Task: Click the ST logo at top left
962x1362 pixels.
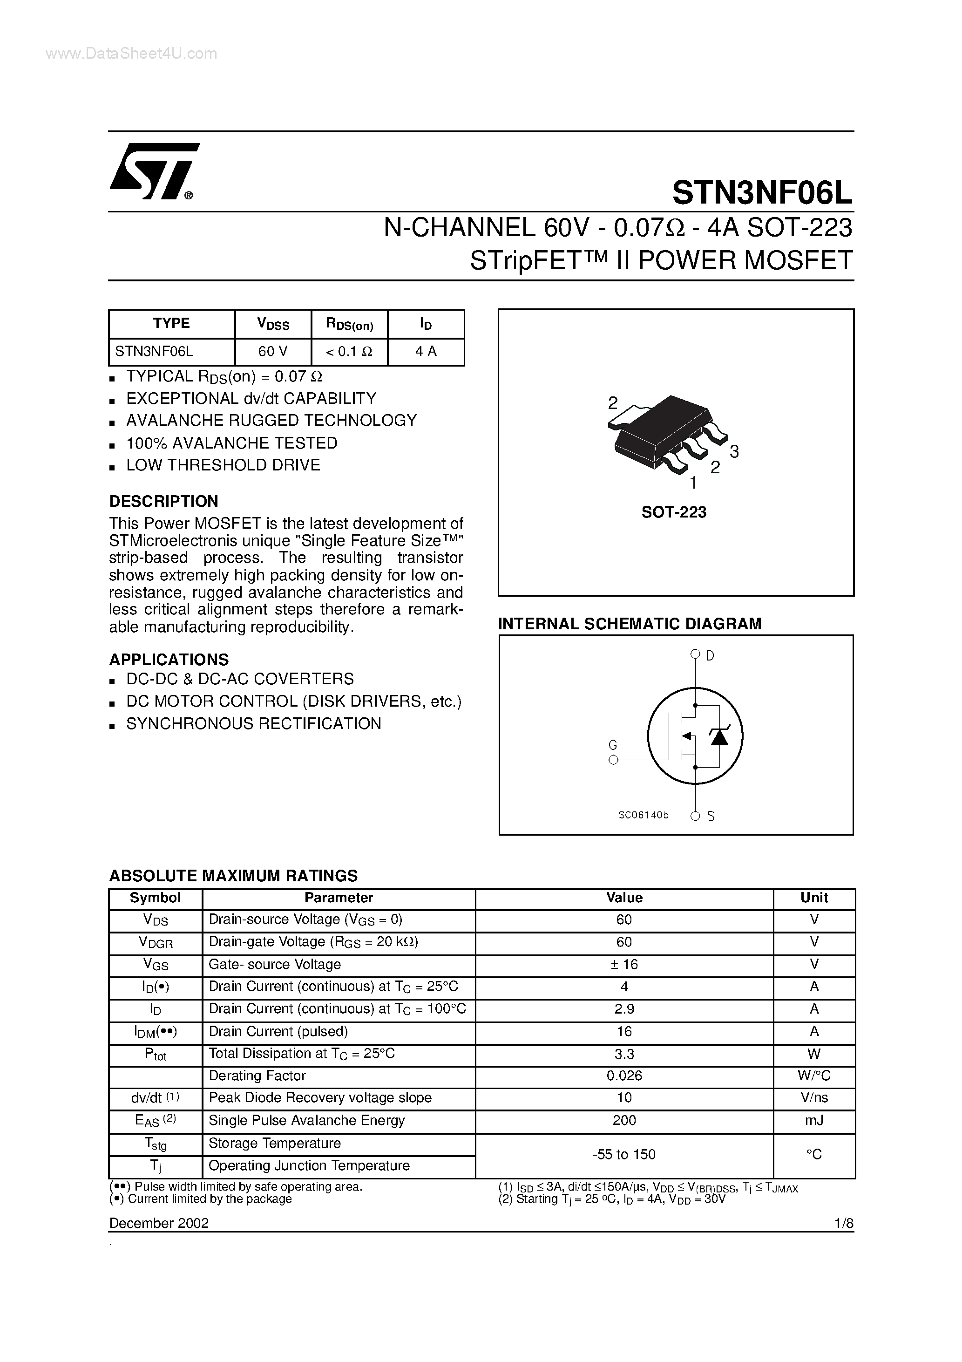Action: tap(153, 171)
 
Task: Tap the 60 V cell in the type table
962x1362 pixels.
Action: tap(273, 352)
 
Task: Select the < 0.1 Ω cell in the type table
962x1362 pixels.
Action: tap(349, 352)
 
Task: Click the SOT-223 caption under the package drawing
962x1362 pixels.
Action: tap(674, 512)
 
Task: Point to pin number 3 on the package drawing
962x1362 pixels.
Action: tap(734, 452)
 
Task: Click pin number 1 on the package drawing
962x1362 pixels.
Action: tap(693, 483)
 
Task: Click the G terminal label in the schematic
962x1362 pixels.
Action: tap(613, 745)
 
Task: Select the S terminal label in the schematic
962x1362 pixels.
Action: tap(711, 816)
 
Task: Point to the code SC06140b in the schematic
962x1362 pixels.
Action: tap(644, 816)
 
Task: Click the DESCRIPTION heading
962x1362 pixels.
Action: tap(164, 501)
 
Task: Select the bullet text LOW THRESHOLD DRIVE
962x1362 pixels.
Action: tap(223, 465)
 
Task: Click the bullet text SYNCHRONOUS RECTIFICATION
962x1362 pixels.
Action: tap(253, 724)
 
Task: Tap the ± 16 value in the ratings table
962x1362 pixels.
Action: tap(624, 965)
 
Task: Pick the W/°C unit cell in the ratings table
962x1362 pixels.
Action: tap(814, 1076)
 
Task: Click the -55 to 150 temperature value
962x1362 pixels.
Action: tap(624, 1154)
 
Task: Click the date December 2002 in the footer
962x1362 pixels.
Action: tap(159, 1223)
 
